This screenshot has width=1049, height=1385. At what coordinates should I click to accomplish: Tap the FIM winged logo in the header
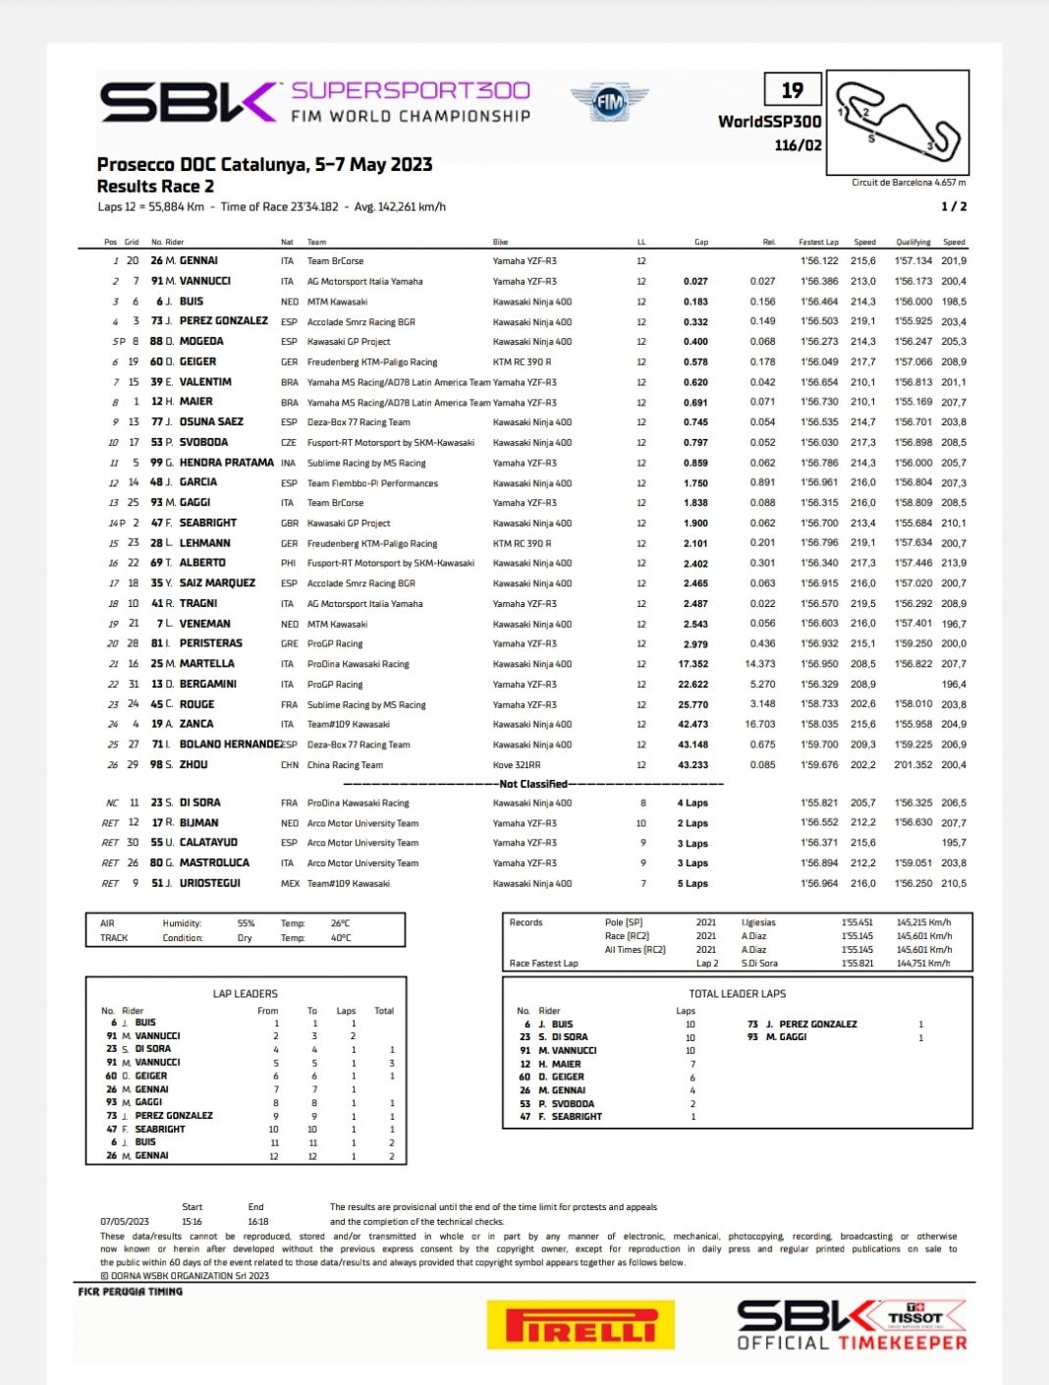pyautogui.click(x=609, y=101)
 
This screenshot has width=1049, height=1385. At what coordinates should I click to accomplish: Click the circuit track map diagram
pyautogui.click(x=898, y=121)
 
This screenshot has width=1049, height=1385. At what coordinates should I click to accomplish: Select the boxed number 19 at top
pyautogui.click(x=792, y=90)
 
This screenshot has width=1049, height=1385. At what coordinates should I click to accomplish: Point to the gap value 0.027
pyautogui.click(x=695, y=282)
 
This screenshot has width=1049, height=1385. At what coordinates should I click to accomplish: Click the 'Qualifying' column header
pyautogui.click(x=912, y=242)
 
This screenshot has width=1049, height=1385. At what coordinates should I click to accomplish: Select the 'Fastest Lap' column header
pyautogui.click(x=818, y=242)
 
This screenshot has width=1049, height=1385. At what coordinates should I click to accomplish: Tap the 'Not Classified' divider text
pyautogui.click(x=533, y=784)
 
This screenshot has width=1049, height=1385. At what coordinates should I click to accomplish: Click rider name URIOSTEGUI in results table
pyautogui.click(x=209, y=883)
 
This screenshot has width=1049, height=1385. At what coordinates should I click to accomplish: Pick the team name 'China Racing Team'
pyautogui.click(x=345, y=765)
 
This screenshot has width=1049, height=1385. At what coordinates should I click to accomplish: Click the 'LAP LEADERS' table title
pyautogui.click(x=245, y=994)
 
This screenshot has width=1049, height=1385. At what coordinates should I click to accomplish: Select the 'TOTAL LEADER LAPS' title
pyautogui.click(x=737, y=994)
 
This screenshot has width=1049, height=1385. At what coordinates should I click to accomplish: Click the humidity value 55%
pyautogui.click(x=246, y=923)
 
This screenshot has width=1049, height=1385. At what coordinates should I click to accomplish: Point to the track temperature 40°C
pyautogui.click(x=340, y=938)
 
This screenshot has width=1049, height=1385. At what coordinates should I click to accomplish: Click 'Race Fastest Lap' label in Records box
pyautogui.click(x=543, y=964)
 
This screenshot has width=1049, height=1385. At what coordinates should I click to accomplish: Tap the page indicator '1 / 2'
pyautogui.click(x=953, y=206)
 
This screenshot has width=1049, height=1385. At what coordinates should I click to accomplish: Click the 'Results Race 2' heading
pyautogui.click(x=155, y=187)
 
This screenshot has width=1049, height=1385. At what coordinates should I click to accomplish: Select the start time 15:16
pyautogui.click(x=192, y=1222)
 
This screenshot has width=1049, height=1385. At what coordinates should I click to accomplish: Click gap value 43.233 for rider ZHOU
pyautogui.click(x=692, y=765)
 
